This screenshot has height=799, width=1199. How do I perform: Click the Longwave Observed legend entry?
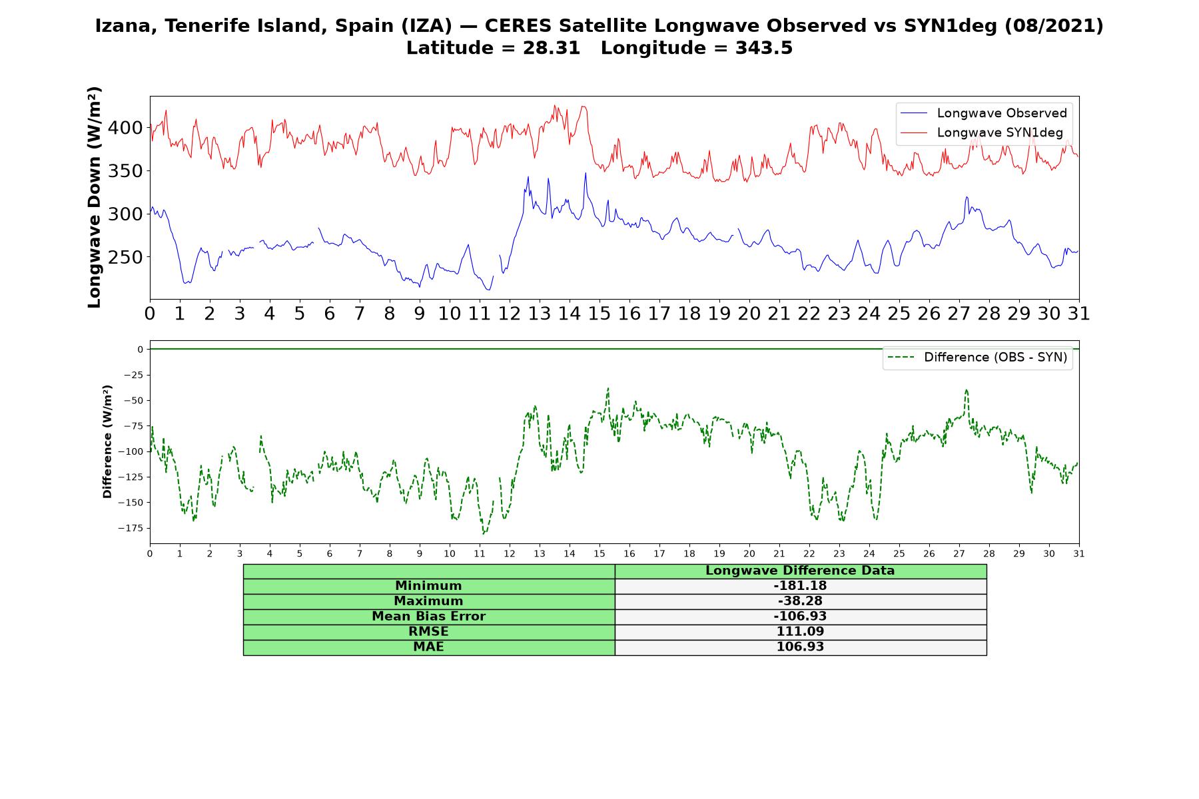983,113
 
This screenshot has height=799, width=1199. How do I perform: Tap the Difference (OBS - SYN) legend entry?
978,358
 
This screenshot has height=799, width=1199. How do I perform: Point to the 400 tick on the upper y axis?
125,128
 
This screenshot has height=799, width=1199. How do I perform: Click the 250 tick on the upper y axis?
125,257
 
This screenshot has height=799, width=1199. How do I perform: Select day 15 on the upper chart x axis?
599,313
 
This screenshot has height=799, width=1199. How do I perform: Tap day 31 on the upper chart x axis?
1078,313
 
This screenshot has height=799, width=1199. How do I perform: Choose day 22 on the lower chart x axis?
809,553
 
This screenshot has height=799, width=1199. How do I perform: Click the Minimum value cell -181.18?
800,586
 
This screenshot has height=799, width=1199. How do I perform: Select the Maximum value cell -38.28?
800,601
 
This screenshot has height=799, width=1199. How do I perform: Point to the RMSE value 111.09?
800,632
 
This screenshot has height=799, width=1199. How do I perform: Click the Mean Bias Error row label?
429,617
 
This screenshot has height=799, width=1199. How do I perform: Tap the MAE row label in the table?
429,647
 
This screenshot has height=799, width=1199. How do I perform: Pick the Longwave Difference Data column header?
800,571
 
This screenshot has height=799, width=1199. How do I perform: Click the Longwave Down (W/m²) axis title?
95,197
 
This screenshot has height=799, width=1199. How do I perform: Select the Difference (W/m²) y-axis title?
107,441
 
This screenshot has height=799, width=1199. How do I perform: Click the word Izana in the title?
125,27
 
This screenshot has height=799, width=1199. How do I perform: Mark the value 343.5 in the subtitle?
764,48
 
